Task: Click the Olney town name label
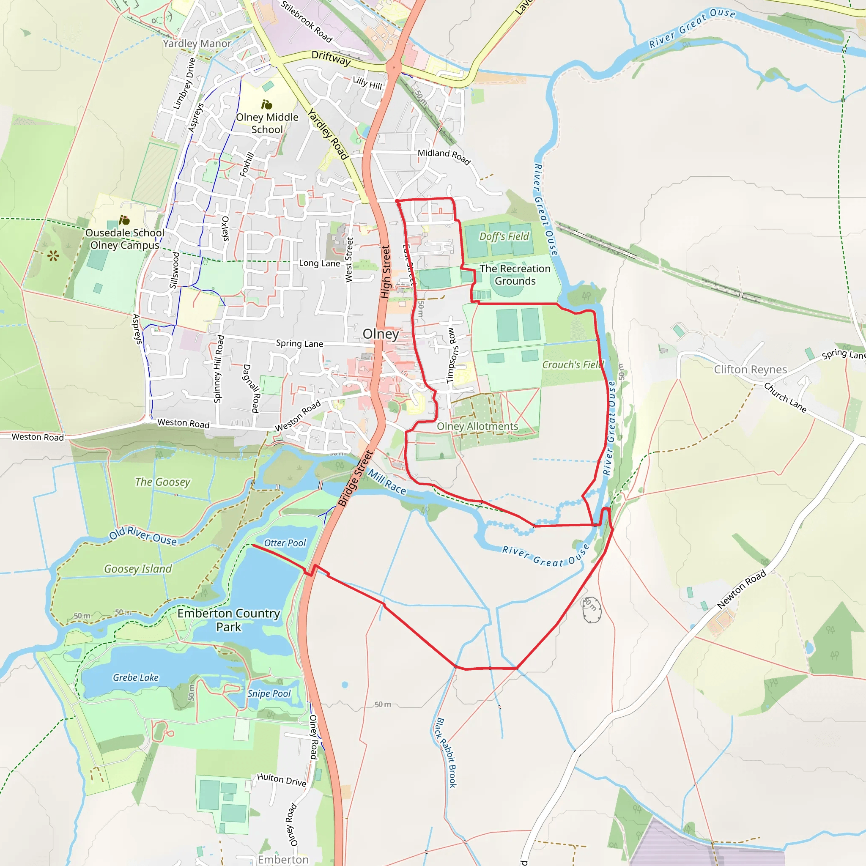381,334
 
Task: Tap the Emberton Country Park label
229,620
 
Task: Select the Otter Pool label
285,543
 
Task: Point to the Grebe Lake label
135,677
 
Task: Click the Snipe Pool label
269,693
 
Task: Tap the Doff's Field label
504,236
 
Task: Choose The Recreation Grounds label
515,275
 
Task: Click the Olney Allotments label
477,426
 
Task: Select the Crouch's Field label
573,365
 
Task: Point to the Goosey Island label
138,568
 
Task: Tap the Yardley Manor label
197,44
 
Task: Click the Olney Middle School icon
267,105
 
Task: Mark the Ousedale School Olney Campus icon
124,220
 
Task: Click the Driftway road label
331,58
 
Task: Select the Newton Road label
741,589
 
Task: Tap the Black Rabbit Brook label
447,753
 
